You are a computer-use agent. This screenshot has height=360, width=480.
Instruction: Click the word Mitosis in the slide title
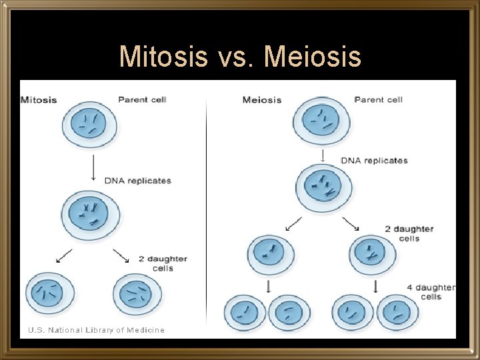coord(163,57)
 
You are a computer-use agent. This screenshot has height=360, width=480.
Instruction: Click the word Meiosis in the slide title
coord(313,57)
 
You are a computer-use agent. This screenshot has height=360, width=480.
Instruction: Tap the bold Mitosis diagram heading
coord(39,101)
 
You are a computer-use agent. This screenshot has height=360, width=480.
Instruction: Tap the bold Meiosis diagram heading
coord(262,101)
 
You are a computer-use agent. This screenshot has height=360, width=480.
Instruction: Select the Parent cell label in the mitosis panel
coord(142,100)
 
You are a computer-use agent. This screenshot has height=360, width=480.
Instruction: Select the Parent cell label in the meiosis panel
coord(378,100)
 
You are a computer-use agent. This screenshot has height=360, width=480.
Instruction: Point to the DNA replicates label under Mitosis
coord(137,181)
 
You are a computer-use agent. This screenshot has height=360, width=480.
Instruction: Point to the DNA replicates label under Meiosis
coord(374,161)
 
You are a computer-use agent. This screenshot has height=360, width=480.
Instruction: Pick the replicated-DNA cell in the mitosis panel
coord(93,213)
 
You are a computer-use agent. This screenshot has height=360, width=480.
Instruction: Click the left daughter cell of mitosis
coord(50,293)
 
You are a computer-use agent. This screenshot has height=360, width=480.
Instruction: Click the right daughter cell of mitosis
coord(137,294)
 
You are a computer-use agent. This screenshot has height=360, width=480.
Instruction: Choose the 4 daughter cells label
coord(431,292)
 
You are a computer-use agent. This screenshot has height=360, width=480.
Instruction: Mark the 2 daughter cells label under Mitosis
coord(163,263)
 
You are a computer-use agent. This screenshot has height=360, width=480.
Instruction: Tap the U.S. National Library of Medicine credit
coord(96,330)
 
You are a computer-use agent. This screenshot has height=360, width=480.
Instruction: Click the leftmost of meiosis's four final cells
coord(245,313)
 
